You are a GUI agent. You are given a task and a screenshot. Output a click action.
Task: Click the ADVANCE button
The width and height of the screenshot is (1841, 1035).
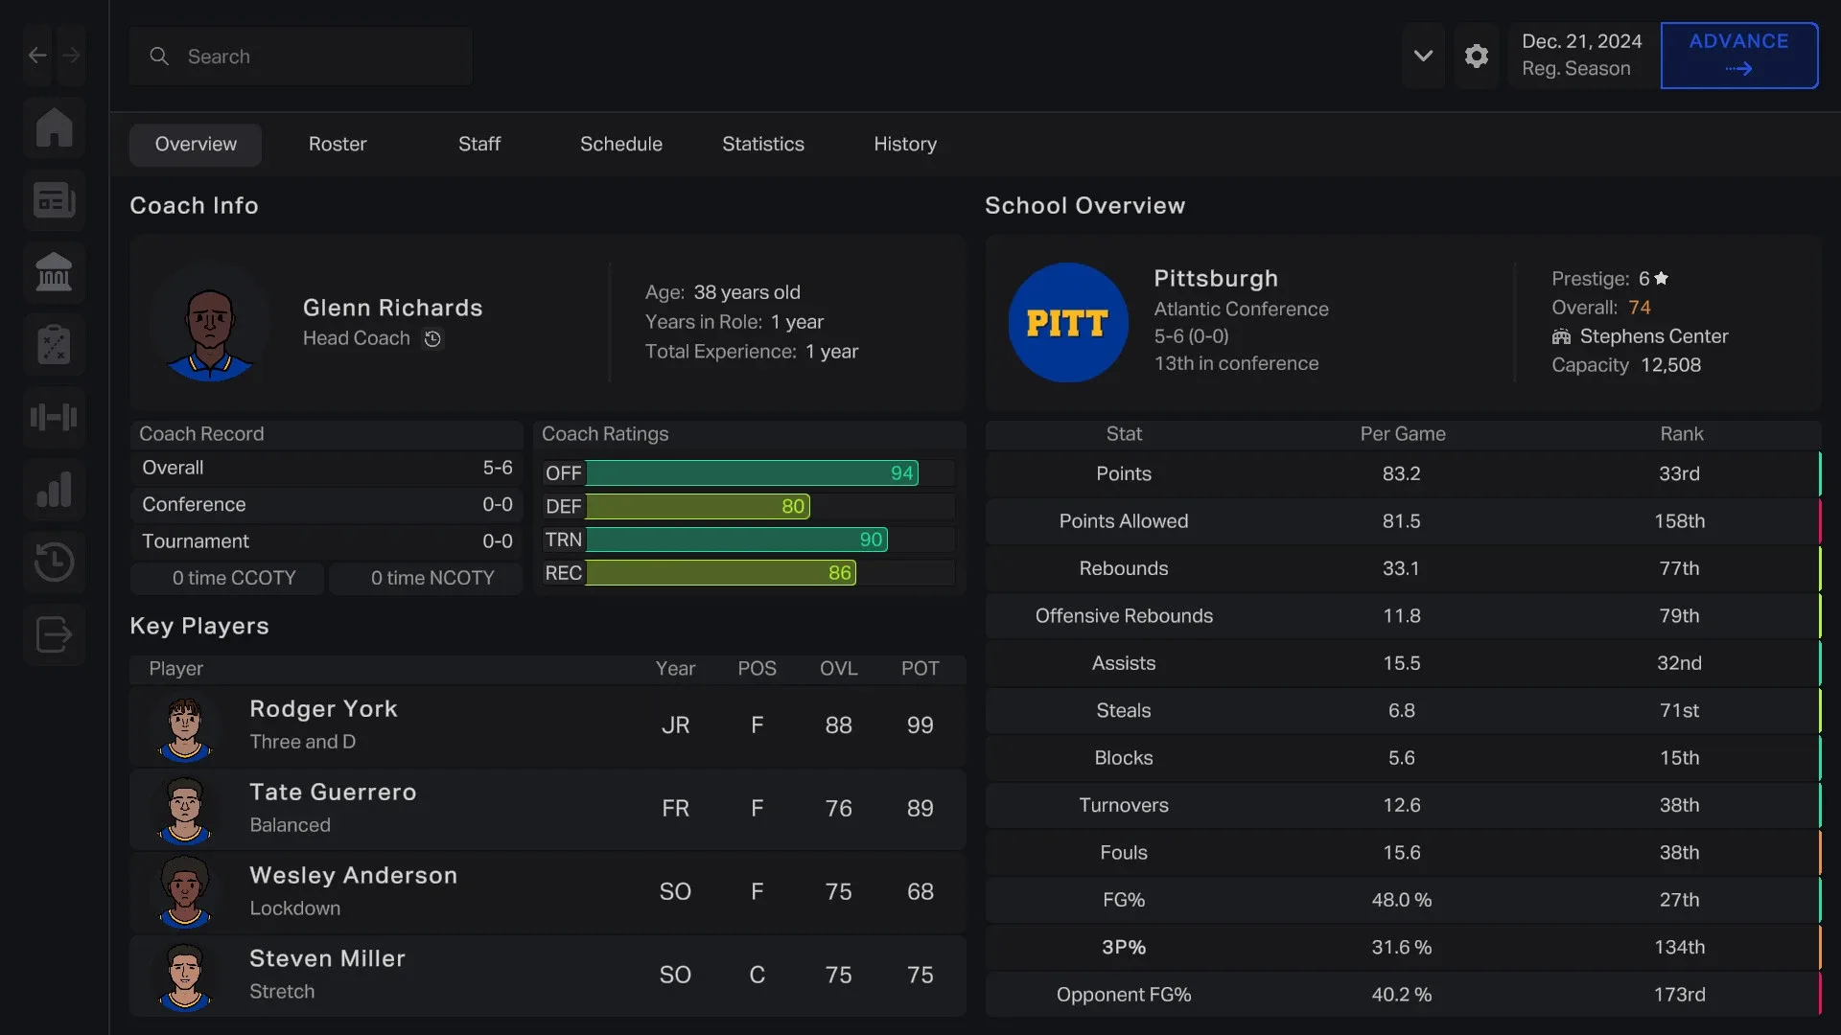coord(1738,55)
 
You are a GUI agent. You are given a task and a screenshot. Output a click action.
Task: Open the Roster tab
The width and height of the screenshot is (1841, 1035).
coord(338,144)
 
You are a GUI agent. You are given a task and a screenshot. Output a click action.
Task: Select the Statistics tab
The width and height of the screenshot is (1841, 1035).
coord(762,144)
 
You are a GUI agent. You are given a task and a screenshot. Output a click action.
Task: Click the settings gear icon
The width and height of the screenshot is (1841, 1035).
coord(1477,56)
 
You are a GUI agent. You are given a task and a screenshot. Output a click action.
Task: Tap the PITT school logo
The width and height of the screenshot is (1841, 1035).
coord(1067,323)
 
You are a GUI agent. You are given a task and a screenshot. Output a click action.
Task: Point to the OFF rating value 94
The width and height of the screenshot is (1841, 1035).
coord(901,473)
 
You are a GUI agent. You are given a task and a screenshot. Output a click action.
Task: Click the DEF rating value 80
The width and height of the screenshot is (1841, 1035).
coord(793,506)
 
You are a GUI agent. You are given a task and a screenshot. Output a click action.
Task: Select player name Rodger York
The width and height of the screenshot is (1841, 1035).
coord(323,709)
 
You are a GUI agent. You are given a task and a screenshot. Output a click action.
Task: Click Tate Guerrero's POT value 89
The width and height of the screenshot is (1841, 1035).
coord(920,809)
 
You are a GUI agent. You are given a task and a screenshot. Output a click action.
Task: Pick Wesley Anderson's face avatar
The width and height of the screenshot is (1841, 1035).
coord(185,891)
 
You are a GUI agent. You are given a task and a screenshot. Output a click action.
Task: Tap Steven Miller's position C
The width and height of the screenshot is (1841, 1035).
coord(757,975)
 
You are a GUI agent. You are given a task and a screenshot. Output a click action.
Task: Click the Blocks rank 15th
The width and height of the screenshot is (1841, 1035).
coord(1679,758)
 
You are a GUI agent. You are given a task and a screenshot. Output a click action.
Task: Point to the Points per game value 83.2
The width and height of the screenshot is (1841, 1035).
coord(1401,473)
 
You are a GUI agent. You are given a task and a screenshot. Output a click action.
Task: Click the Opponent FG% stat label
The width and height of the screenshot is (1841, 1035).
coord(1124,995)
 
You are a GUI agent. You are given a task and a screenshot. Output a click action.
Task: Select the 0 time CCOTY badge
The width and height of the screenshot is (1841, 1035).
coord(234,578)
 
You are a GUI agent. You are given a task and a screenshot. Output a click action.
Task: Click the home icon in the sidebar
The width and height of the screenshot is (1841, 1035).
coord(55,127)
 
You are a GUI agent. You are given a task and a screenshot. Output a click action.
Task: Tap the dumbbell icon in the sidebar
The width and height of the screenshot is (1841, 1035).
coord(55,417)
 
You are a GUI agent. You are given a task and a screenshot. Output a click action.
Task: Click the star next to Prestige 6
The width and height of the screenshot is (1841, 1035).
coord(1662,278)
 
